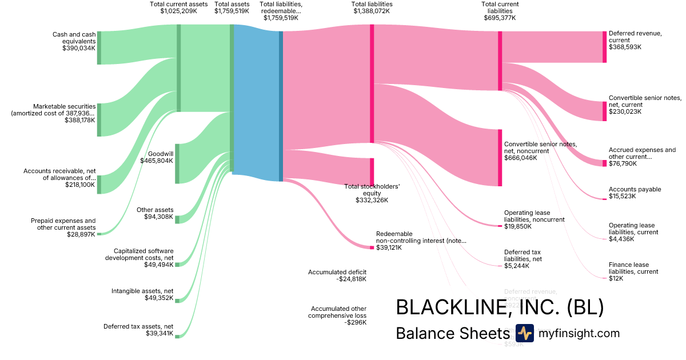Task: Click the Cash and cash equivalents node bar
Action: (x=99, y=48)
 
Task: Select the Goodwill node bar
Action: (x=177, y=163)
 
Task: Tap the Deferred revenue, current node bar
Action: (x=604, y=47)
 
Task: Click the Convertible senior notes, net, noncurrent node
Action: (x=500, y=158)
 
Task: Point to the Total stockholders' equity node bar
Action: (x=372, y=172)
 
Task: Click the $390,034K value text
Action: (x=79, y=49)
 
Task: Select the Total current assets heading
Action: (x=178, y=4)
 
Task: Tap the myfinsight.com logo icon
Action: (x=524, y=333)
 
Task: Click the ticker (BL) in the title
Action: (x=585, y=307)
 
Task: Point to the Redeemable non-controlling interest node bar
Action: (x=372, y=247)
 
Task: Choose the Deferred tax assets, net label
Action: (x=138, y=327)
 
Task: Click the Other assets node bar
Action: (x=177, y=220)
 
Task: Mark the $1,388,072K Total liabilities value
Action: (x=372, y=11)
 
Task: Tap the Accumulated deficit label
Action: (x=337, y=272)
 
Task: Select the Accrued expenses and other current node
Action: (x=604, y=163)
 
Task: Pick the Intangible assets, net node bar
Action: (x=177, y=300)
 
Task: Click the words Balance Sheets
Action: (x=452, y=333)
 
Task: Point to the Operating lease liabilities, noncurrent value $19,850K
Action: (x=518, y=226)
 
